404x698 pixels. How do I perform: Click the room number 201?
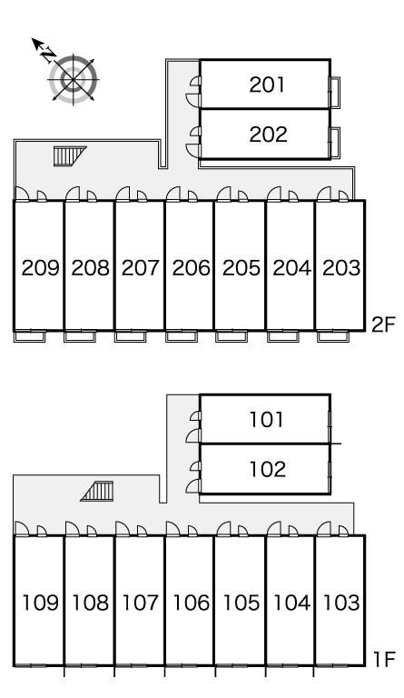[267, 85]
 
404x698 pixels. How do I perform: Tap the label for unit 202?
[268, 135]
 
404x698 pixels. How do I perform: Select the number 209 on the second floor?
[40, 268]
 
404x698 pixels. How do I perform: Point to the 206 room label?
[192, 268]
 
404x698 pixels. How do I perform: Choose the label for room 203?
[340, 268]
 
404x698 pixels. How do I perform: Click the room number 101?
[267, 419]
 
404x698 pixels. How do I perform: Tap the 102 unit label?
[268, 469]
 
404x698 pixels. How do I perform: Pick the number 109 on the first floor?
[40, 603]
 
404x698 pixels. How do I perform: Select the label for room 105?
[241, 603]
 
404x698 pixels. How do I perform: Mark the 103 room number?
[340, 603]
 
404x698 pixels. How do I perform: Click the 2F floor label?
[383, 325]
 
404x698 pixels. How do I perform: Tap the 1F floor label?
[384, 660]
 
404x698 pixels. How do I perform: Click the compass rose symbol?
[73, 80]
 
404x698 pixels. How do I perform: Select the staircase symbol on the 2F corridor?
[70, 155]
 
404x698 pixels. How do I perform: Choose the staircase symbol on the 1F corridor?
[97, 491]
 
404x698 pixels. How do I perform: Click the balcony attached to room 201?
[335, 92]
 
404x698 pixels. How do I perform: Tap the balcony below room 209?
[30, 336]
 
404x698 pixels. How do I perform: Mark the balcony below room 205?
[232, 336]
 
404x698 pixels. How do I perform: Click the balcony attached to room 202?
[335, 143]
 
